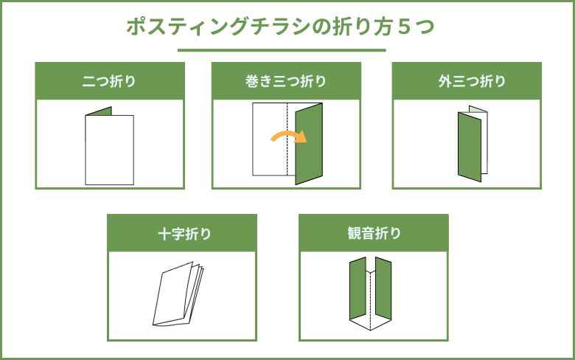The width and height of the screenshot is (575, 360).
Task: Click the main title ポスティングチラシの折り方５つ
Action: pos(281,27)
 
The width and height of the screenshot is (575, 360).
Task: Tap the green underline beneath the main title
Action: pos(282,50)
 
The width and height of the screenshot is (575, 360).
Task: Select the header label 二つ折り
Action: pos(109,81)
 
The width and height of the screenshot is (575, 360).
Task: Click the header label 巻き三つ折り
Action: pos(286,81)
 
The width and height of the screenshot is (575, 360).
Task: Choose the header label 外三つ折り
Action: pos(472,81)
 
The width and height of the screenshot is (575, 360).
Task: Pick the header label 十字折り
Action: pos(184,234)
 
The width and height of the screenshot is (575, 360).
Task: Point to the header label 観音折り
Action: pos(374,233)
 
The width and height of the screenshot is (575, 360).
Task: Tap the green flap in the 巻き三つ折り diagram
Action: pos(309,144)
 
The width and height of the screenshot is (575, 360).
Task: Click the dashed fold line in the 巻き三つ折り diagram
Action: pos(287,139)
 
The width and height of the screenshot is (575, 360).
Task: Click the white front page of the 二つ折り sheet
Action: pos(110,150)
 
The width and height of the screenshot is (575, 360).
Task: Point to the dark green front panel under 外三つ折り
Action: pos(470,147)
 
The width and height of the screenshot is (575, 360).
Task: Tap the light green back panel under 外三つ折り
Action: pos(478,109)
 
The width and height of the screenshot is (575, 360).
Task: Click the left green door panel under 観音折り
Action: pos(358,288)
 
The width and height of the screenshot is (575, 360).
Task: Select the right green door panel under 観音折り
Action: pos(383,288)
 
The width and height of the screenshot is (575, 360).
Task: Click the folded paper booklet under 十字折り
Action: pos(178,294)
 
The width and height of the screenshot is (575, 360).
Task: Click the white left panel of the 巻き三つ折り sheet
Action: pos(270,139)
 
